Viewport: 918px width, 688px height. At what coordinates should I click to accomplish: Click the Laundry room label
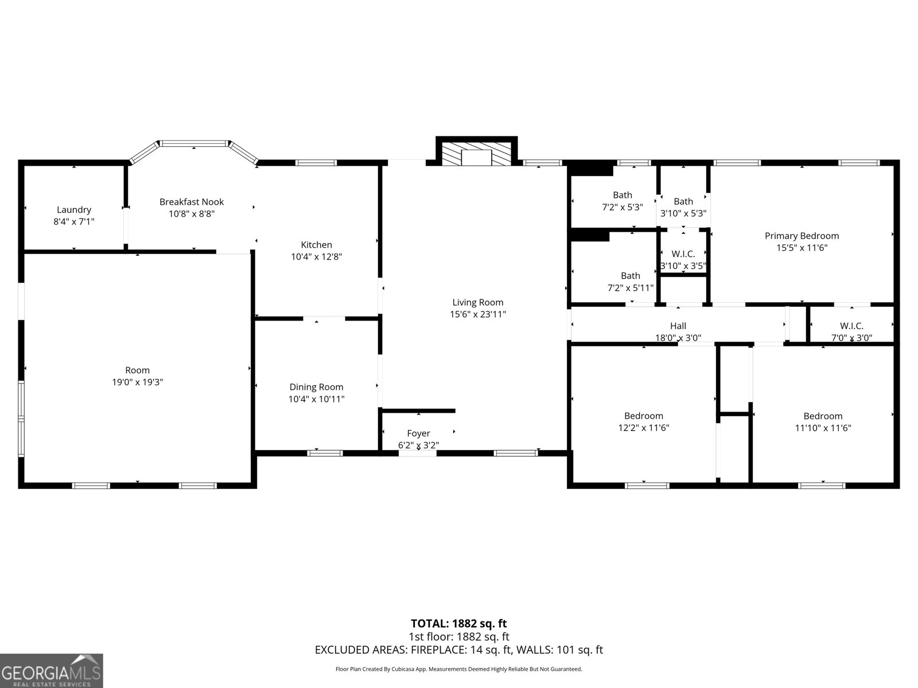74,210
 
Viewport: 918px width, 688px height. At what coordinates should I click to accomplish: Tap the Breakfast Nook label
192,202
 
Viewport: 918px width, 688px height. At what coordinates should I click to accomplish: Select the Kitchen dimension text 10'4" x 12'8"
316,257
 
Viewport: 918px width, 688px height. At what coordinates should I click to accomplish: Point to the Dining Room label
316,387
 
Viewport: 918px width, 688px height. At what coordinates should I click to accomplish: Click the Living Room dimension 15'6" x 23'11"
478,314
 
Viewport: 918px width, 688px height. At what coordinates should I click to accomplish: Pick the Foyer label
418,433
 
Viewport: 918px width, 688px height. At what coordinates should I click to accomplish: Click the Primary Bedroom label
802,236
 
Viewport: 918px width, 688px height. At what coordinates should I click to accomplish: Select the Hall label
678,326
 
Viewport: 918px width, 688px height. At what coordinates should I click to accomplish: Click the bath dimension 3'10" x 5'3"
683,213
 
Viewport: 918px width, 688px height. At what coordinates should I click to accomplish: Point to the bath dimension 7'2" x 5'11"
631,288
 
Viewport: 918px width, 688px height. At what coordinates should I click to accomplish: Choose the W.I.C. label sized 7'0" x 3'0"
851,326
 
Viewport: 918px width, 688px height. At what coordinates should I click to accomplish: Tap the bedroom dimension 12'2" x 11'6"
644,428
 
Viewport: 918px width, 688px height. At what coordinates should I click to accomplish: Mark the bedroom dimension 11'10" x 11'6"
823,428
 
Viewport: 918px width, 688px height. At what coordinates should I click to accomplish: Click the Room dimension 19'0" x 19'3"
138,382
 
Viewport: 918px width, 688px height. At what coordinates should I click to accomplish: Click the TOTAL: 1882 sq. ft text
459,623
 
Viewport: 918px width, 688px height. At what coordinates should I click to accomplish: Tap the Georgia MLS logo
52,671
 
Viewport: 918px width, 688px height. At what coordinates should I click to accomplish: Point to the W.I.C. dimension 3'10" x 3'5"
683,266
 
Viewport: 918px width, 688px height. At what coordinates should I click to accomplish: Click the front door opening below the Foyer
418,454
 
